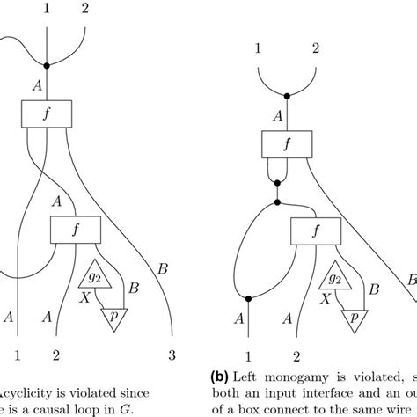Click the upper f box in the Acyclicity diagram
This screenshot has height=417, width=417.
(x=46, y=113)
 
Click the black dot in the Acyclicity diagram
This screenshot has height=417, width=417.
(x=46, y=65)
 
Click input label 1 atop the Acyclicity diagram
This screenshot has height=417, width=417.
(x=46, y=9)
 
